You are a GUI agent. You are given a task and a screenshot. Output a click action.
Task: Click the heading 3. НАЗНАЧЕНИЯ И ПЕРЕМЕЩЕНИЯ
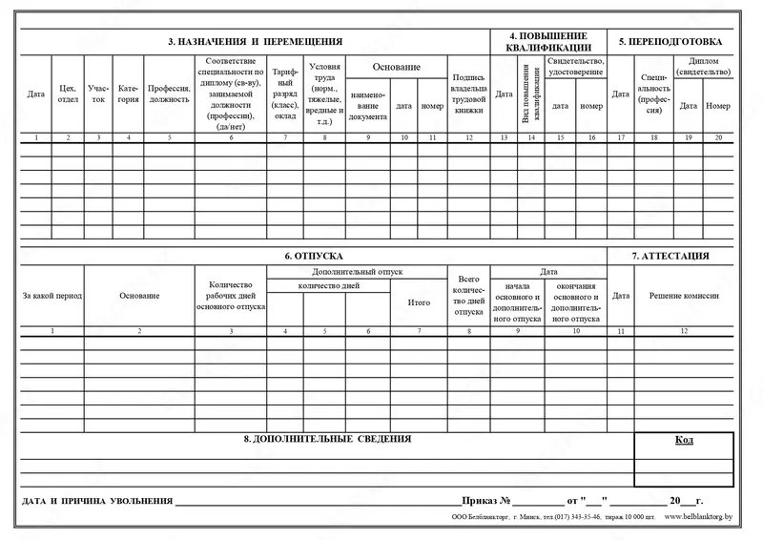pyautogui.click(x=255, y=42)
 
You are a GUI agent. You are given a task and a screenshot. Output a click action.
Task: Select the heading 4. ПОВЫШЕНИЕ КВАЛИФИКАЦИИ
pyautogui.click(x=547, y=42)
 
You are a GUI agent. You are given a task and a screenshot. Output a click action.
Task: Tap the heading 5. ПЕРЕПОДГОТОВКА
pyautogui.click(x=670, y=42)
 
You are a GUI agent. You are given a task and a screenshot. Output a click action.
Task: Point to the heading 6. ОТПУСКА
pyautogui.click(x=312, y=256)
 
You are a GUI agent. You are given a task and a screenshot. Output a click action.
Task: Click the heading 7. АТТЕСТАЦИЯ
pyautogui.click(x=670, y=256)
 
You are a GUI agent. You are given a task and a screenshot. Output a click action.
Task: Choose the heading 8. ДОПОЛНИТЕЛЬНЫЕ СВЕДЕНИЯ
pyautogui.click(x=327, y=439)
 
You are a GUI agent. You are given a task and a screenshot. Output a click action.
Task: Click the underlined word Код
pyautogui.click(x=683, y=440)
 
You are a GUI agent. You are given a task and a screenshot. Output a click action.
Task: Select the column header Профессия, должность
pyautogui.click(x=170, y=93)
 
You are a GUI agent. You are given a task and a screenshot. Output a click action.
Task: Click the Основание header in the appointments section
pyautogui.click(x=396, y=67)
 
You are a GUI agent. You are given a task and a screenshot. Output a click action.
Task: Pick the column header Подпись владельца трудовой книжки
pyautogui.click(x=468, y=93)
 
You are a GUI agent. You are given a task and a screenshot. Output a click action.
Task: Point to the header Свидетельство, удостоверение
pyautogui.click(x=576, y=66)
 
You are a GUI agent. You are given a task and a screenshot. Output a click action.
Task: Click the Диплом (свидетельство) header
pyautogui.click(x=702, y=66)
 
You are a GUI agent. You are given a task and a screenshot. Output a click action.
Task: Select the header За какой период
pyautogui.click(x=52, y=296)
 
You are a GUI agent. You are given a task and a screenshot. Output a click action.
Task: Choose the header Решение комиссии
pyautogui.click(x=683, y=296)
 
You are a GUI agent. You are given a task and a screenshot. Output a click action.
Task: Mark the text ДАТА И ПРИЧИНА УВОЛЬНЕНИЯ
pyautogui.click(x=96, y=501)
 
